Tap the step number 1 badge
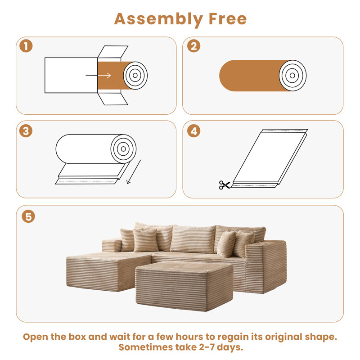click(26, 47)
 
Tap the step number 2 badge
click(193, 47)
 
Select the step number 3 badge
click(26, 131)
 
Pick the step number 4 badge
click(193, 131)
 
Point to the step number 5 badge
click(28, 216)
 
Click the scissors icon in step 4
click(224, 184)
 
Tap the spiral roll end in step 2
click(292, 75)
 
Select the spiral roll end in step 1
click(135, 75)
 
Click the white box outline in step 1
click(70, 75)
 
